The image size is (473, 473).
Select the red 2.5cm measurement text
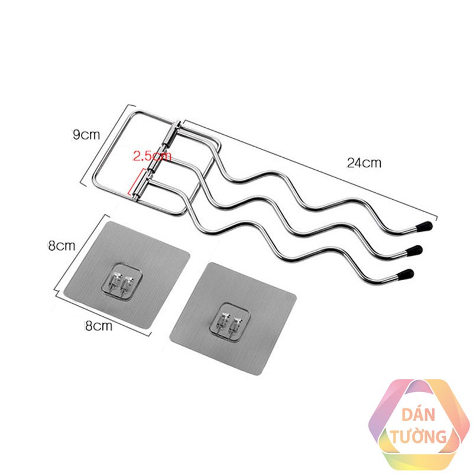pos(151,157)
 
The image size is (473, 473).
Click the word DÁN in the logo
pos(420,416)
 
